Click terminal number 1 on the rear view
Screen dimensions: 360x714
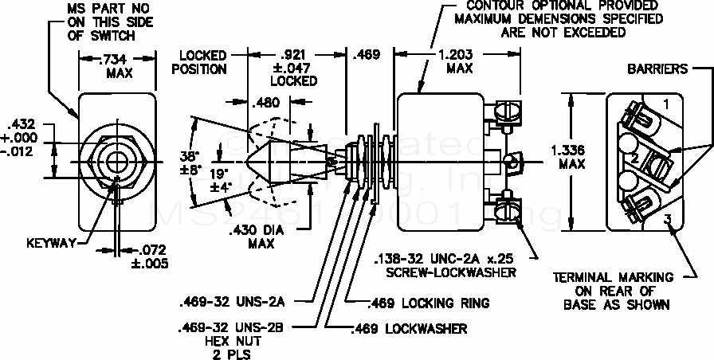click(666, 104)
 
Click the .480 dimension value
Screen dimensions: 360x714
click(265, 103)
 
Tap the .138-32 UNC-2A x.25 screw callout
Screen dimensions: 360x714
click(444, 264)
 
